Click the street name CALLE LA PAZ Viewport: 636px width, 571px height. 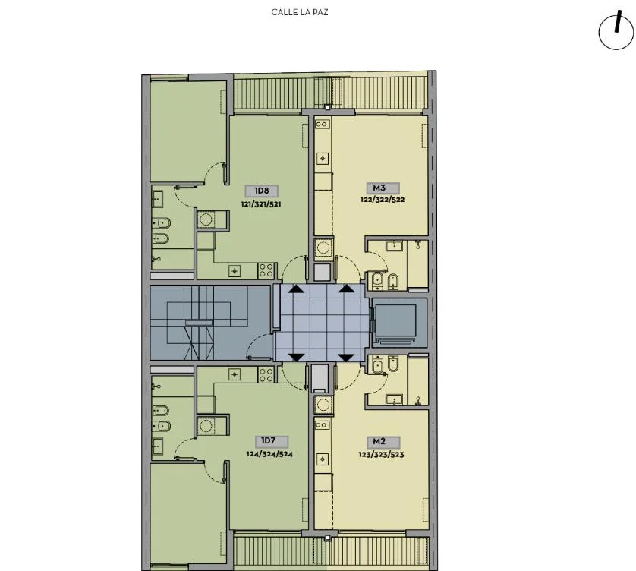(x=299, y=12)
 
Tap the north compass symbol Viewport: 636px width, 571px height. (x=616, y=30)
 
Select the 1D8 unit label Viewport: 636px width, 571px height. (x=262, y=191)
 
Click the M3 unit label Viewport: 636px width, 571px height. (x=379, y=188)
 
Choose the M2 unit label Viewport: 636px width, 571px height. (x=379, y=442)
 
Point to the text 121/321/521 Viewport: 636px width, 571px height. (x=261, y=204)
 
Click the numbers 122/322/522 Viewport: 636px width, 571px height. (x=383, y=200)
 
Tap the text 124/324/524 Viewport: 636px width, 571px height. (x=269, y=454)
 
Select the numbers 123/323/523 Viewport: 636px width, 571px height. (x=381, y=455)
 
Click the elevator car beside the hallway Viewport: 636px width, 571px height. (x=396, y=321)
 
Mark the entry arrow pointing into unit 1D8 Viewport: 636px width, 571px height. (x=296, y=289)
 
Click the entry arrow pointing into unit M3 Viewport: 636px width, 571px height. (x=346, y=289)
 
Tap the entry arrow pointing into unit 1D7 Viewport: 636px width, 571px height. (x=297, y=358)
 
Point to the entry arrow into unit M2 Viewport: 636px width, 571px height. (x=346, y=358)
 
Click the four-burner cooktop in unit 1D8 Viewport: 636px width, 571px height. (x=266, y=270)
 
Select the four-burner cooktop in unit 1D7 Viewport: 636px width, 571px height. (x=266, y=375)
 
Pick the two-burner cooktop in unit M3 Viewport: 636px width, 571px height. (x=322, y=125)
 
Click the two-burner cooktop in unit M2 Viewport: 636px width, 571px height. (x=322, y=425)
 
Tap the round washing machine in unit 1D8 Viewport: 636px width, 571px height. (x=206, y=219)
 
